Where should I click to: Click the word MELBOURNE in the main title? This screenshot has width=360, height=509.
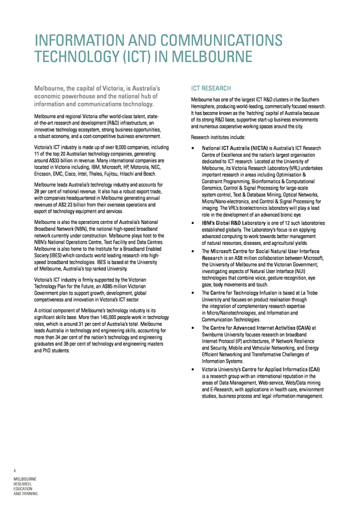coord(212,57)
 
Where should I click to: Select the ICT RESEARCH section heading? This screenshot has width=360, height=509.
coord(211,88)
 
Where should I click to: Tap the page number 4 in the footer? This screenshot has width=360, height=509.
coord(15,471)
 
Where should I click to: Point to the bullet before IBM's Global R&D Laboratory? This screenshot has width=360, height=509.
coord(193,223)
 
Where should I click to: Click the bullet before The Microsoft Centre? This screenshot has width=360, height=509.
coord(193,251)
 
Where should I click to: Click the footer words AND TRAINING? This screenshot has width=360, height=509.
coord(26,494)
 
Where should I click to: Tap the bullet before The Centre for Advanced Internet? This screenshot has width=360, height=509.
coord(193,327)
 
